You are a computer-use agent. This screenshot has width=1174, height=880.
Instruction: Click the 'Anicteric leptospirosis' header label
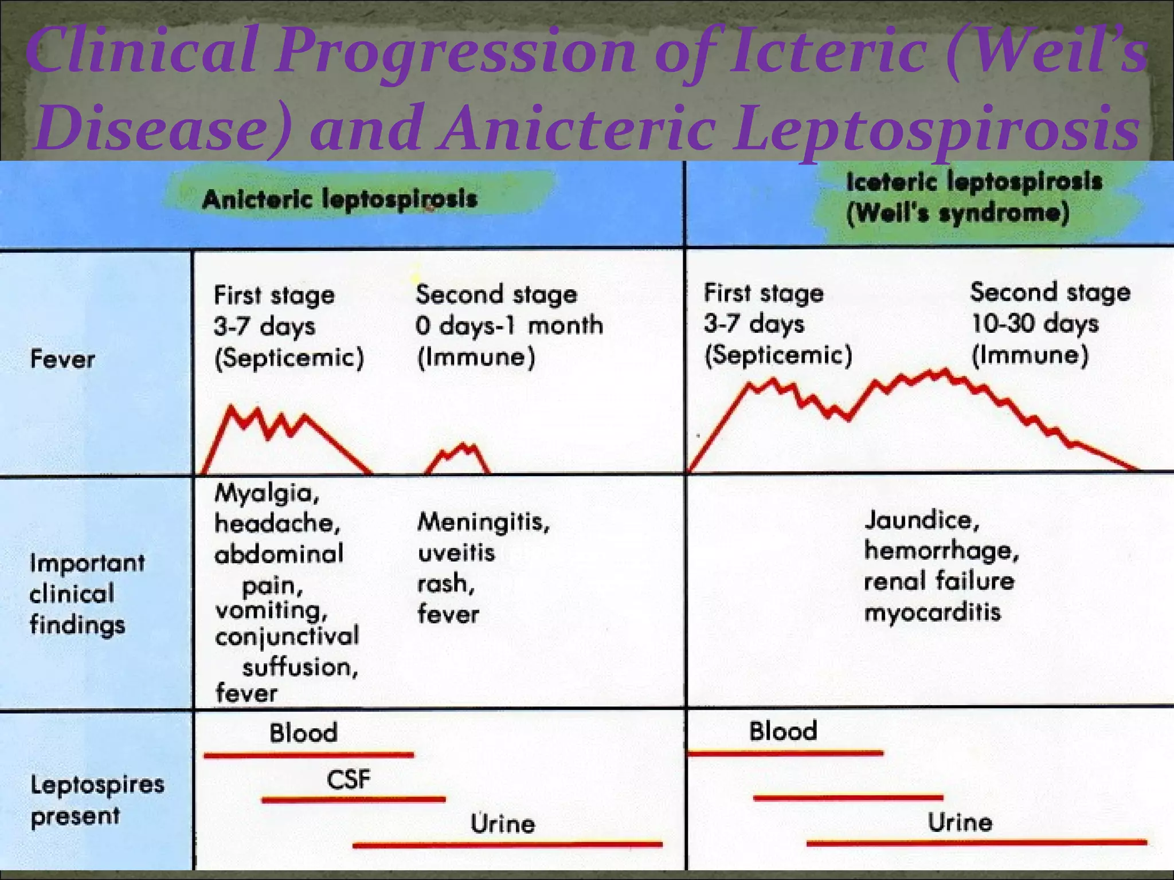[339, 199]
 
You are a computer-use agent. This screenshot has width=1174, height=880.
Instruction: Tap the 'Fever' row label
[62, 360]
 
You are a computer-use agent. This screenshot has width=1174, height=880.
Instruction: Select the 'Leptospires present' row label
[96, 800]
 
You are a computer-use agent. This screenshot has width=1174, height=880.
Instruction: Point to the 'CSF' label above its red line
[349, 780]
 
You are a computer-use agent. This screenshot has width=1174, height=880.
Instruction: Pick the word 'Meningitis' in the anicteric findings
[483, 522]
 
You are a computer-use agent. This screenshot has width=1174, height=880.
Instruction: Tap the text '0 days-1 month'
[509, 325]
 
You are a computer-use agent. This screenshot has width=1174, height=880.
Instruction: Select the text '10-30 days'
[1034, 324]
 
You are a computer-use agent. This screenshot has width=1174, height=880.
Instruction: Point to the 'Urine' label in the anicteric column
[503, 824]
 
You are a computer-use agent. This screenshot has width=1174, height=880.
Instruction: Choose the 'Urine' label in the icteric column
[960, 823]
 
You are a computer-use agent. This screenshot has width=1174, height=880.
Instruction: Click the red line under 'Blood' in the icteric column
[785, 753]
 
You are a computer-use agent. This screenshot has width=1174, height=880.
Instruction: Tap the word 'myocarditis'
[932, 612]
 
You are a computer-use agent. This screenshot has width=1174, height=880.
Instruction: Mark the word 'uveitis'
[456, 553]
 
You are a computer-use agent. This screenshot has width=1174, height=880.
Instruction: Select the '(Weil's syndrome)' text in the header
[957, 214]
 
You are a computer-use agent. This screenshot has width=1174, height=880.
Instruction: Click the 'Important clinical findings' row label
[86, 594]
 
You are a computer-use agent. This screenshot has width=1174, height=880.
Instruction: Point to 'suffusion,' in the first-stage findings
[300, 667]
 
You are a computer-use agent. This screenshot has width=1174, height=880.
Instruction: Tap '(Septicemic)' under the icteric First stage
[778, 355]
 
